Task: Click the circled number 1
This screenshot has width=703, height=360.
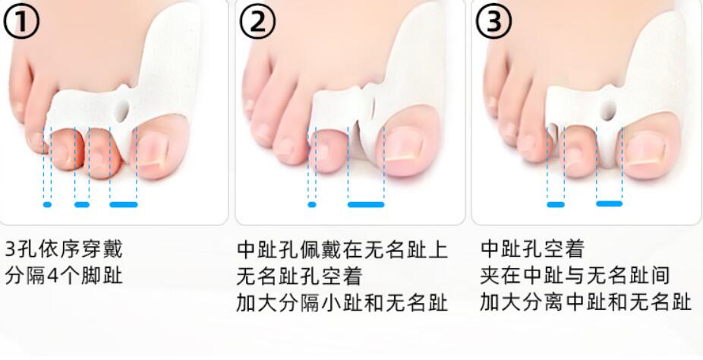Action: pyautogui.click(x=20, y=24)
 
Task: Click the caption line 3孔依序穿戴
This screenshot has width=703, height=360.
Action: pyautogui.click(x=64, y=249)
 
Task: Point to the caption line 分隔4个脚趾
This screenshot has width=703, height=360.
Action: pyautogui.click(x=64, y=275)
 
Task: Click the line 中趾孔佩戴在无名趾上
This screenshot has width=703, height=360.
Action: pyautogui.click(x=342, y=249)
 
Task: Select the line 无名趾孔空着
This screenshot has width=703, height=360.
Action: pyautogui.click(x=300, y=275)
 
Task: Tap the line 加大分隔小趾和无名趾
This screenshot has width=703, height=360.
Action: pyautogui.click(x=342, y=302)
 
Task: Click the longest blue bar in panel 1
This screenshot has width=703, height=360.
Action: pyautogui.click(x=124, y=204)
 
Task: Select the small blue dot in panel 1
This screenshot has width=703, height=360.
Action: pyautogui.click(x=48, y=204)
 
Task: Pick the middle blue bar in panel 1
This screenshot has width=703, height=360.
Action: pyautogui.click(x=82, y=204)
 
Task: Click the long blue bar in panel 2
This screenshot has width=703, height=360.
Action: pyautogui.click(x=366, y=204)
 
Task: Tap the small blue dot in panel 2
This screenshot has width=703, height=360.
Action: pyautogui.click(x=311, y=204)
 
